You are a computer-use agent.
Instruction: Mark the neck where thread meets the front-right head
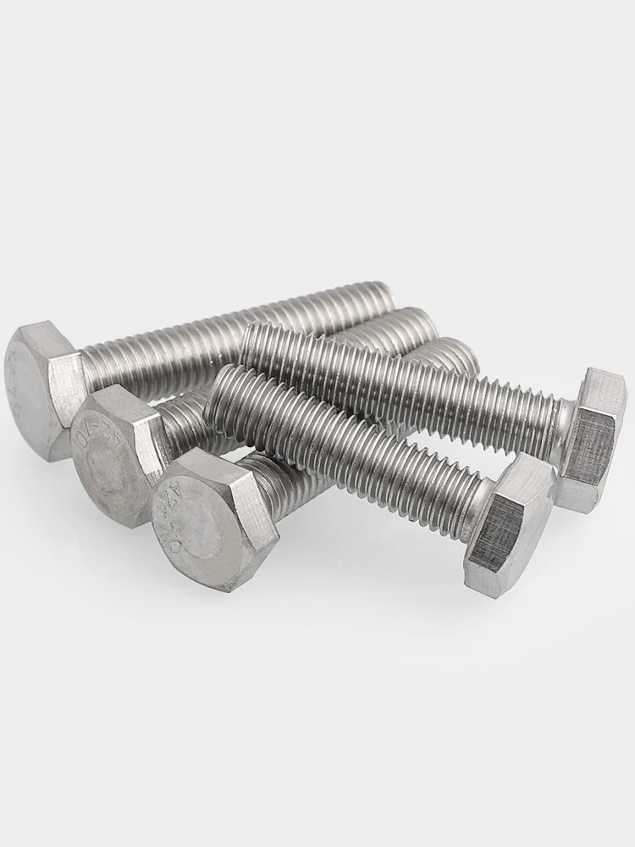point(474,500)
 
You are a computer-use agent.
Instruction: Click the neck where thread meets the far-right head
point(560,419)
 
